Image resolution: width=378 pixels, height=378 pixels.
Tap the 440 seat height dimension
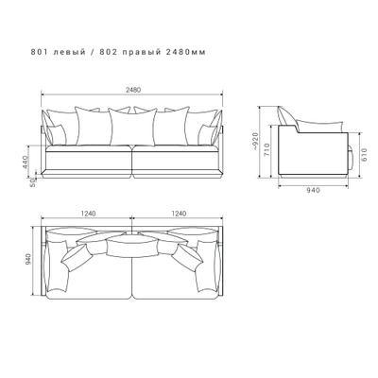pos(26,163)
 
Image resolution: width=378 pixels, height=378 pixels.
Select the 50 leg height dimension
pos(32,183)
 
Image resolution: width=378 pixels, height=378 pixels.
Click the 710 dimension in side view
pos(267,150)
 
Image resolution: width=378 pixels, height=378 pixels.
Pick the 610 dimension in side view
pos(365,155)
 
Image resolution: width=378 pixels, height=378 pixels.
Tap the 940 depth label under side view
pos(313,190)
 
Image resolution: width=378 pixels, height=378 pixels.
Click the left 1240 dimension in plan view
pos(88,214)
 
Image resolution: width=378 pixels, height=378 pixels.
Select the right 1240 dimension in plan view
pos(179,214)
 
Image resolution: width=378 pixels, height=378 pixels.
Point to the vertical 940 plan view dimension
pos(28,259)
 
